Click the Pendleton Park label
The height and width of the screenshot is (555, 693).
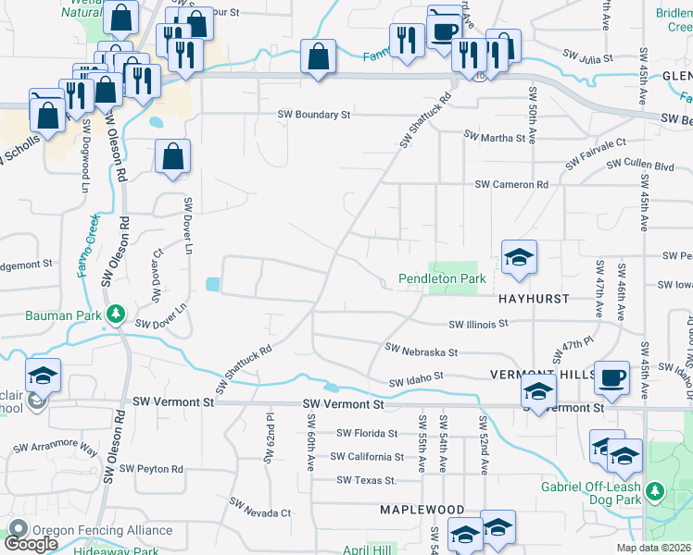pos(442,277)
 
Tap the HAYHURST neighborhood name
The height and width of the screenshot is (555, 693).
pos(533,300)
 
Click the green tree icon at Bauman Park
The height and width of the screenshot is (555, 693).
pos(116,314)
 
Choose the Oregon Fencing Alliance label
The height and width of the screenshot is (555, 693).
pos(102,530)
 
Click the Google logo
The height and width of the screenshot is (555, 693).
pos(31,543)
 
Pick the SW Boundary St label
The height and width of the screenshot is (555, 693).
pos(315,115)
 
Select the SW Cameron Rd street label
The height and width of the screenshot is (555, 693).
pos(511,184)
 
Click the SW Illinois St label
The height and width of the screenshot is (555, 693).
pos(479,324)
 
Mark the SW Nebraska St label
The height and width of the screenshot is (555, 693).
pos(422,351)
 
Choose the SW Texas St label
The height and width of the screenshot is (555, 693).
pos(367,480)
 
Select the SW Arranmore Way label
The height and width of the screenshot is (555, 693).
pos(56,449)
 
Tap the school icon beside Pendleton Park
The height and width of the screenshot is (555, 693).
pos(519,258)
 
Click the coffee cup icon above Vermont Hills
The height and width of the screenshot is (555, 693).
pos(611,378)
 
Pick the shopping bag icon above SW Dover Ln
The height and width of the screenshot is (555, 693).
pos(173,158)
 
